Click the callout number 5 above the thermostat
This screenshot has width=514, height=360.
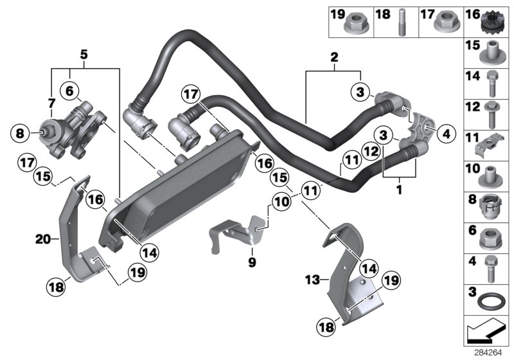click(x=84, y=54)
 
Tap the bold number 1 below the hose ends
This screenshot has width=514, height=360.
click(x=399, y=190)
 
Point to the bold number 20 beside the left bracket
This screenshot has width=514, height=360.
click(x=43, y=240)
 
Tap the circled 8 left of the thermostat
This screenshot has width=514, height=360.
click(x=20, y=134)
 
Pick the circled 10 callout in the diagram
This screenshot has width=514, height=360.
click(x=281, y=203)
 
